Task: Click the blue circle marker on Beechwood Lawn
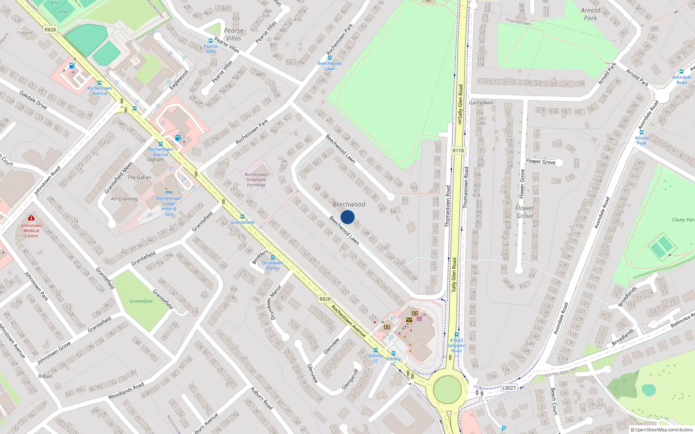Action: point(347,217)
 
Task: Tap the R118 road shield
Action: point(458,151)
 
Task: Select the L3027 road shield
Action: point(509,388)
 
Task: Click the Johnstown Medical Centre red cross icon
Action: point(31,218)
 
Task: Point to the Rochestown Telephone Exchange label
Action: point(256,180)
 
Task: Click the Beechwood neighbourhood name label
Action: point(349,204)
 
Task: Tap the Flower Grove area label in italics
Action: point(525,212)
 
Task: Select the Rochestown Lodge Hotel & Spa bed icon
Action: point(169,192)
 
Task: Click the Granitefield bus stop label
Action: point(242,222)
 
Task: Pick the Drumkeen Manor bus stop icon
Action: point(273,257)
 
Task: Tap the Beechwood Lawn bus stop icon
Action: point(330,58)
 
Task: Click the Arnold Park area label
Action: point(590,14)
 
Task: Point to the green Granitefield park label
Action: point(141,301)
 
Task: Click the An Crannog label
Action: point(124,199)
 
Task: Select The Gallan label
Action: point(139,178)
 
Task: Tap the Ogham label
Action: point(156,160)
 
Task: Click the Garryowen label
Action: point(481,103)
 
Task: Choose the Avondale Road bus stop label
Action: point(682,80)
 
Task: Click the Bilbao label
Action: point(45,376)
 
